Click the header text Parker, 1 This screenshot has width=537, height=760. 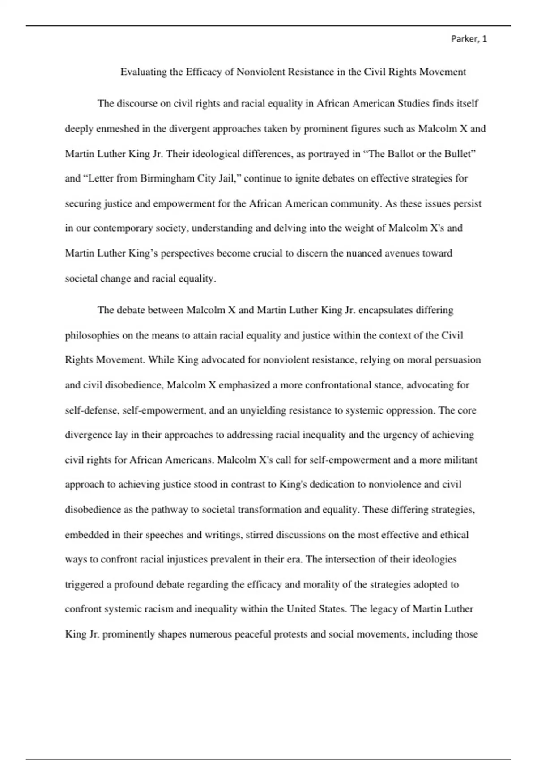pyautogui.click(x=469, y=39)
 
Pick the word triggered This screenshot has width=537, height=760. pyautogui.click(x=84, y=585)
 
